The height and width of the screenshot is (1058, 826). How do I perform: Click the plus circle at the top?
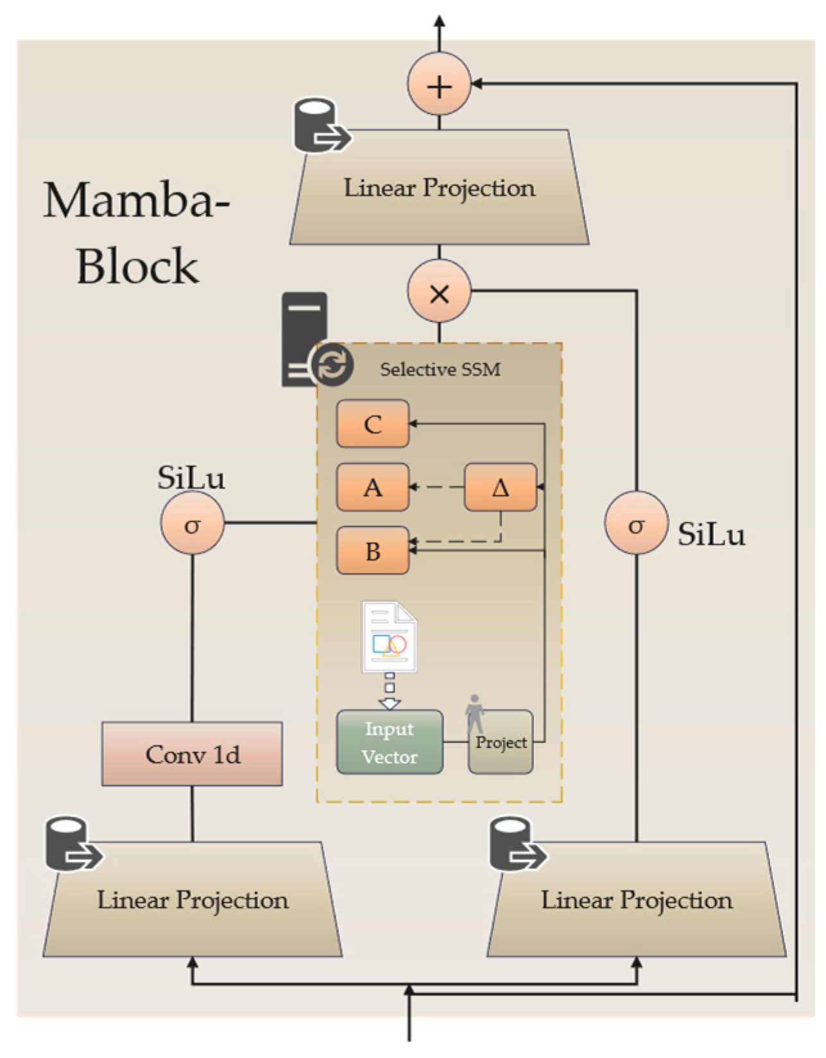[x=439, y=84]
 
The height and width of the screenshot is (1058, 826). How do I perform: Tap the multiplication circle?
[x=439, y=291]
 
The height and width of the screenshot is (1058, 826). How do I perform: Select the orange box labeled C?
[x=373, y=423]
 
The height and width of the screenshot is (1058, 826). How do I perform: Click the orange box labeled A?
[x=373, y=487]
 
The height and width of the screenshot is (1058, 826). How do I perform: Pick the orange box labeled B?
[x=373, y=550]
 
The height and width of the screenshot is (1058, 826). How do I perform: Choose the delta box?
[x=501, y=487]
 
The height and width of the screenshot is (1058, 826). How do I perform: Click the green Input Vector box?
[x=390, y=742]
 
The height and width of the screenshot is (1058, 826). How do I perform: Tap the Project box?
[x=501, y=742]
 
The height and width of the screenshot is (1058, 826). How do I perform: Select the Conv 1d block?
[x=192, y=754]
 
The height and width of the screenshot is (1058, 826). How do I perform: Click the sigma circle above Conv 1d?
[x=193, y=522]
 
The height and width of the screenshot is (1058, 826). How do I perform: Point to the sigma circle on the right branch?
[x=636, y=522]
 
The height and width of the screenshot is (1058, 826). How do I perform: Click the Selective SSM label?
[x=440, y=370]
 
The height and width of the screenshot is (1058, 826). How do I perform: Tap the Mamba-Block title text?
[x=136, y=233]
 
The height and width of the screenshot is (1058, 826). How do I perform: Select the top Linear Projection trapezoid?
[x=439, y=187]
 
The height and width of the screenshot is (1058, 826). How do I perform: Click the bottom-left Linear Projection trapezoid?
[x=193, y=900]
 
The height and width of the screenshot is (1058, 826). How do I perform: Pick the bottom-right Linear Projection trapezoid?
[x=637, y=900]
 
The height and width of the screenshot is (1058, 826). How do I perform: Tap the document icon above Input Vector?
[x=389, y=637]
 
